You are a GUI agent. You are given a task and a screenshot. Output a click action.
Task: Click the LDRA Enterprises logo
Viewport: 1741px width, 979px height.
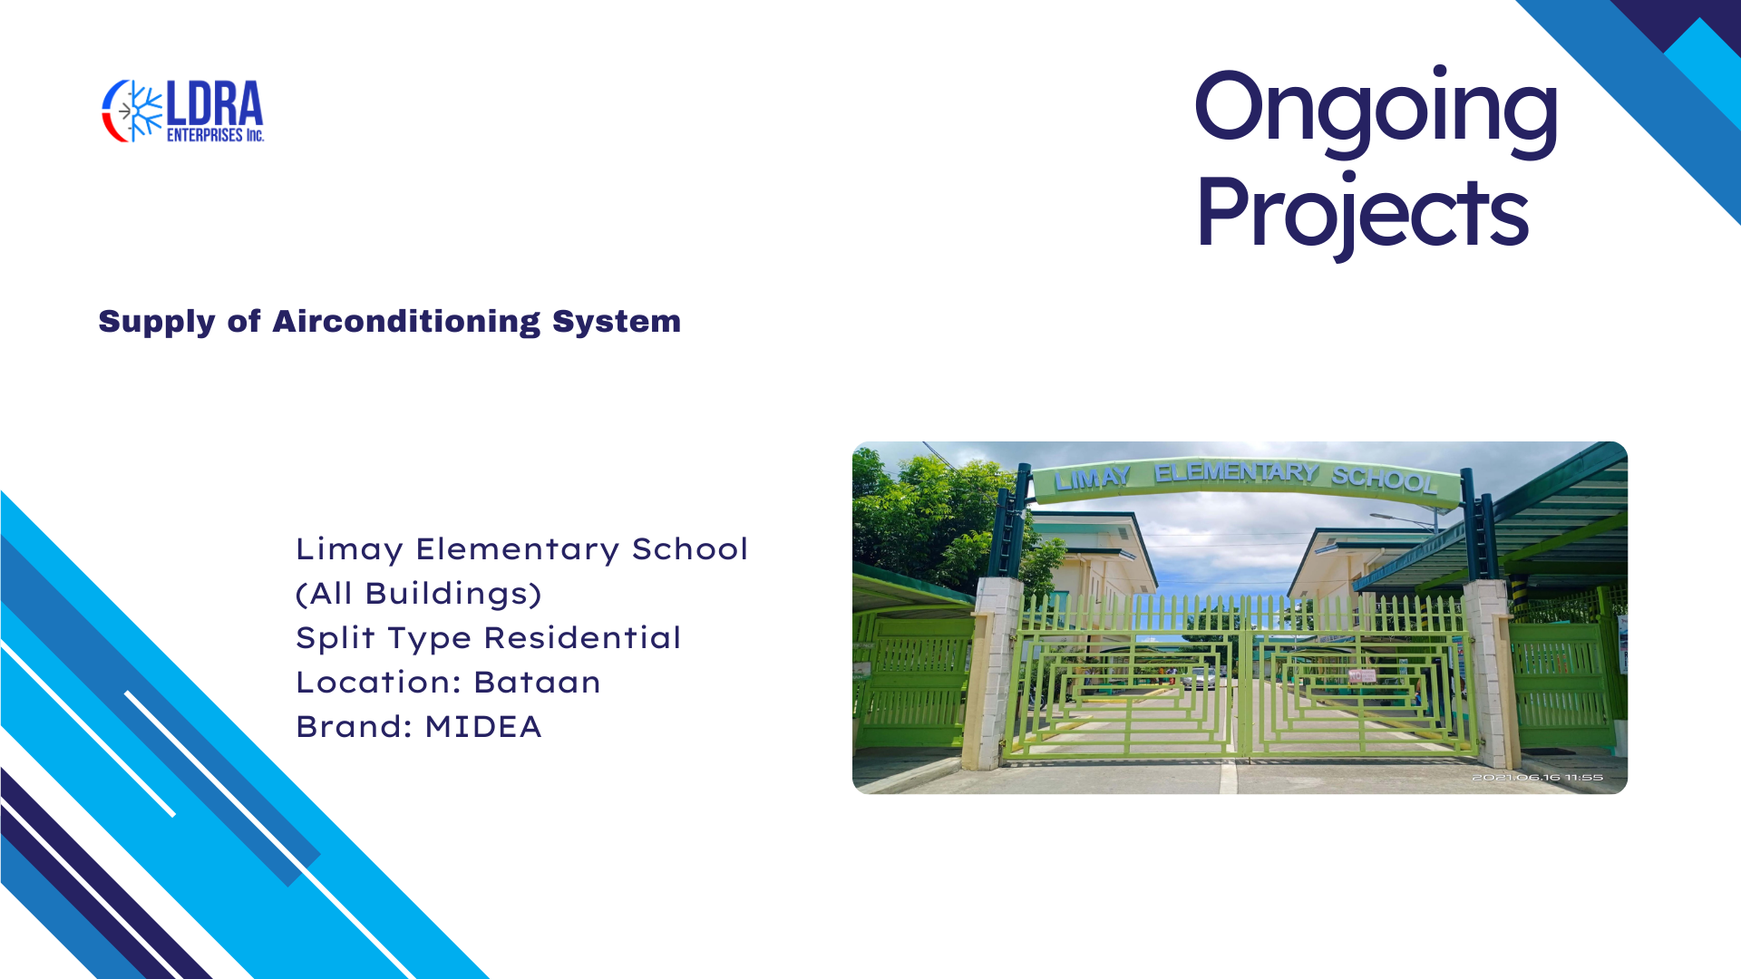coord(182,111)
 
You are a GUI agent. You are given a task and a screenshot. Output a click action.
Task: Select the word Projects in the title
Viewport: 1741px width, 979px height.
coord(1362,213)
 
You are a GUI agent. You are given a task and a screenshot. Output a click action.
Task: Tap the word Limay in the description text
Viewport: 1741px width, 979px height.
coord(349,549)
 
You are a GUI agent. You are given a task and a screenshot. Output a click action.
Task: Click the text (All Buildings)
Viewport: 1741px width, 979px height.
coord(419,594)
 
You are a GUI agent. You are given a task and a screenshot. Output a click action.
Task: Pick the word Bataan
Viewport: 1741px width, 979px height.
coord(537,683)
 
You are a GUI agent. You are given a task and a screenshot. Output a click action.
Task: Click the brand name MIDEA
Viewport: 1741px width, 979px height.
coord(483,727)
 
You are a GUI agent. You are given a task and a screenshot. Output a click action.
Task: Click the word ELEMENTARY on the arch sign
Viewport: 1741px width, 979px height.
coord(1236,472)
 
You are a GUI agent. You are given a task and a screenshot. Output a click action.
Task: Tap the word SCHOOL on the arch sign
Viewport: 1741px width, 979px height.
coord(1384,479)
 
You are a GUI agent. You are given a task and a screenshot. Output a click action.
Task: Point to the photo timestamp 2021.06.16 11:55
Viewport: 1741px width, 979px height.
coord(1537,778)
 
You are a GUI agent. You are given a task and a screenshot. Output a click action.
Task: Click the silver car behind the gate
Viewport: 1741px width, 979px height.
coord(1200,677)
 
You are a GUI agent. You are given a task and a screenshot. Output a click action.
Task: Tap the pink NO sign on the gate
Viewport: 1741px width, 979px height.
coord(1362,676)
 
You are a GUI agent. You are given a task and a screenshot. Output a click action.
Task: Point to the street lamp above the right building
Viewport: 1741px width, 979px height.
coord(1405,519)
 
